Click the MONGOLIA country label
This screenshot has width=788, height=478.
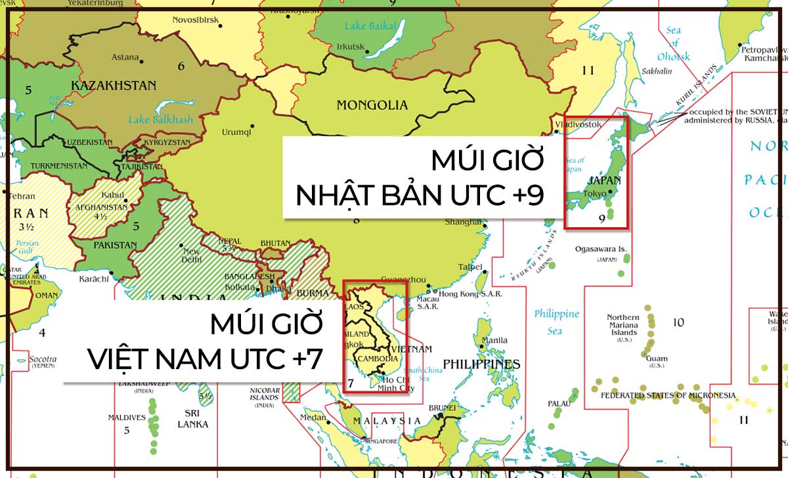[372, 105]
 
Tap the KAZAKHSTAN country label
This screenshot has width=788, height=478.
[113, 85]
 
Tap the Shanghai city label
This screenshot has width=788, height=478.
[463, 222]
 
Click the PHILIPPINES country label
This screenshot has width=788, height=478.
[481, 364]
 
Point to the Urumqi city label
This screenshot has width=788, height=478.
[236, 132]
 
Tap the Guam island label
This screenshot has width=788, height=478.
[657, 358]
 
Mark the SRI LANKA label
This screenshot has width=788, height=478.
[192, 419]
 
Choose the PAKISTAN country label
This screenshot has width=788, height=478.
[114, 246]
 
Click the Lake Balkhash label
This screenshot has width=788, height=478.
[161, 119]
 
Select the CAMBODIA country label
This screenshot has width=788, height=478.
[377, 358]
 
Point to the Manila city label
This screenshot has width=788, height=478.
[494, 340]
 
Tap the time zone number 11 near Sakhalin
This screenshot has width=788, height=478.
[587, 70]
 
